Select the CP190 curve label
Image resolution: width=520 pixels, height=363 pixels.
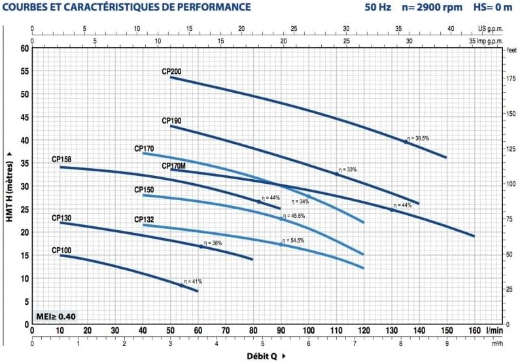172,121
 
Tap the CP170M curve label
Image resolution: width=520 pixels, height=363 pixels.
174,166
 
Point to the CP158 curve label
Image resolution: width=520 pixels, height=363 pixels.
61,160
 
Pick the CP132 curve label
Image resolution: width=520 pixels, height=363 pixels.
144,220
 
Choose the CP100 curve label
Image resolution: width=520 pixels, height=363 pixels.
61,250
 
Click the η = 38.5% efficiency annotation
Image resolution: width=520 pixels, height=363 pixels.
418,139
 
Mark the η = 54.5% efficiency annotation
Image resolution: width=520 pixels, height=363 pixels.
293,241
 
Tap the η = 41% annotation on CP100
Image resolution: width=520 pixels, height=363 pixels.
193,281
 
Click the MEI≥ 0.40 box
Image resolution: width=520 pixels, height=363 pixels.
55,317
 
